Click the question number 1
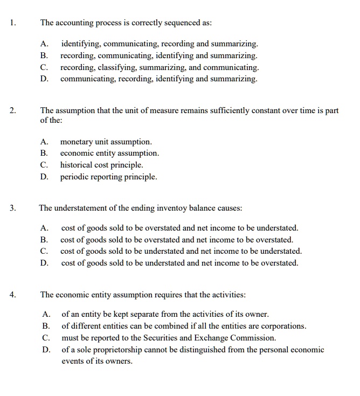click(x=13, y=23)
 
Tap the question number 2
click(x=13, y=110)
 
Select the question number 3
click(x=13, y=207)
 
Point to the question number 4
click(x=13, y=295)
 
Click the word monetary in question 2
click(x=77, y=142)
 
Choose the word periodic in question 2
click(x=75, y=177)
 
